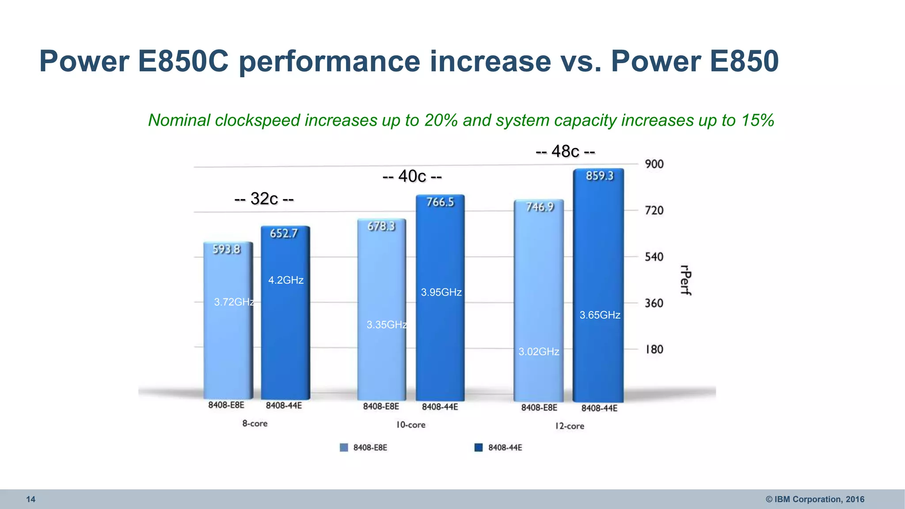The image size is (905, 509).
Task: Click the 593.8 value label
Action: [x=226, y=250]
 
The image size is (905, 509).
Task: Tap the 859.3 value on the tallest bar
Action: [x=600, y=176]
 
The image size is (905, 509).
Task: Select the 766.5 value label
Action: [x=440, y=202]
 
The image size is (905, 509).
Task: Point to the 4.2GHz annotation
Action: [x=286, y=280]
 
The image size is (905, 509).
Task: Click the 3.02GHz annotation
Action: [x=539, y=352]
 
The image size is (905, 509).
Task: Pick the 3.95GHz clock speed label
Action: [x=441, y=292]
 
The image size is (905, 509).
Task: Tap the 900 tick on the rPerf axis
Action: [x=654, y=164]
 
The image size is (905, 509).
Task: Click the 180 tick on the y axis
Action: [x=654, y=349]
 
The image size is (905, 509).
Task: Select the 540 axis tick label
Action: [x=654, y=257]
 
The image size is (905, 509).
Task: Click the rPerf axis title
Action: [x=685, y=280]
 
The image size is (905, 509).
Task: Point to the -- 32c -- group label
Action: [x=264, y=199]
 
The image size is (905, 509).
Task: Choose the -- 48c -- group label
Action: [x=565, y=152]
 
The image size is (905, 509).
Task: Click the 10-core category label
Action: [x=411, y=425]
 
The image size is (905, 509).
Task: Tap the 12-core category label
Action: [x=570, y=426]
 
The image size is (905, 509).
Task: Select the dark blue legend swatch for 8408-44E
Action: [x=479, y=448]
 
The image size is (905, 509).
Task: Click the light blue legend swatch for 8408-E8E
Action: [x=344, y=448]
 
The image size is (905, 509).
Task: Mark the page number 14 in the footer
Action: [x=30, y=499]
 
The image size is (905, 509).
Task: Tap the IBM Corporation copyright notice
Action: [x=815, y=499]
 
